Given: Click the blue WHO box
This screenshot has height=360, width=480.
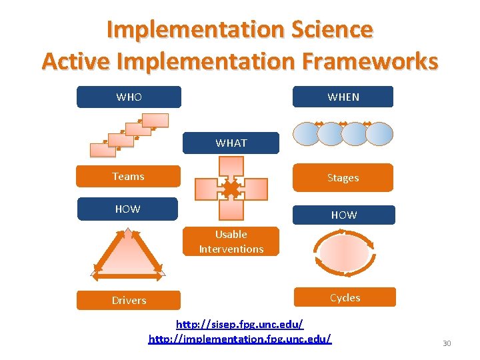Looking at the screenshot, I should point(129,97).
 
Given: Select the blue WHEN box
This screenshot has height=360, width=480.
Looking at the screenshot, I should point(343,97).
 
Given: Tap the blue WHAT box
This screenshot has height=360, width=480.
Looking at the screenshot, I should point(231,143).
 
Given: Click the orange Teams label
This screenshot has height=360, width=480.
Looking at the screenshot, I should point(128,177).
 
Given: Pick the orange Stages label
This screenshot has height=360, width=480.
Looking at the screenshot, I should point(343,178).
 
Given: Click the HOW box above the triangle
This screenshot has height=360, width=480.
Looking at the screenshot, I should point(127,209).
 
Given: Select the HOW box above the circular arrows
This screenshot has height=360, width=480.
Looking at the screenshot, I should point(343,215).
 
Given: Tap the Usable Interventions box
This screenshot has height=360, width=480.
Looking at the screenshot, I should point(231,242).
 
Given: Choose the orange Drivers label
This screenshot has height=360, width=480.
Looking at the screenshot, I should point(129,300).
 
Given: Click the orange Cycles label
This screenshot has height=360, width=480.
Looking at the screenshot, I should point(345,297).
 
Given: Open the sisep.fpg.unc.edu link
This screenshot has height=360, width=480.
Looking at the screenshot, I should point(239,324).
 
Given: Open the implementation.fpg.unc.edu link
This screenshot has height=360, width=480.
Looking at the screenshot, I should point(239,339).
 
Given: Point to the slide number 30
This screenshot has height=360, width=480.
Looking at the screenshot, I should point(447,343).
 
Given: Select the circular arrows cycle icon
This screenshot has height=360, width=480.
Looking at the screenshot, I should point(344,253).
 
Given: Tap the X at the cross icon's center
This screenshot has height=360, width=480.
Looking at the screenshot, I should point(231,190).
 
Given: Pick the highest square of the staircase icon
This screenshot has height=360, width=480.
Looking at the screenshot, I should point(155,121).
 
